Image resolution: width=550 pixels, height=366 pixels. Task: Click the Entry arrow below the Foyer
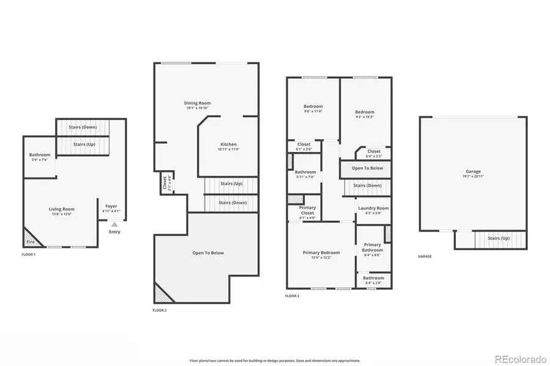(114, 224)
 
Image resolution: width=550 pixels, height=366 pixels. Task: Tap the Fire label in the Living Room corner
(29, 242)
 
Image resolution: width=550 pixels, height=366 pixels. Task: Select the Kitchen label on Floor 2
(228, 145)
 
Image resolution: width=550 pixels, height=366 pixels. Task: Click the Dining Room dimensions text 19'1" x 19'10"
(197, 108)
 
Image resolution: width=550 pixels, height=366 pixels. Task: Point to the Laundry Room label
(373, 208)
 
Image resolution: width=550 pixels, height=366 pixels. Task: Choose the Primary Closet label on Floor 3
(307, 210)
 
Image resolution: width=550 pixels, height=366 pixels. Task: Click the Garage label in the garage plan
(473, 171)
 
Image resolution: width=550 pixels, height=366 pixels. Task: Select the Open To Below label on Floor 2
(208, 253)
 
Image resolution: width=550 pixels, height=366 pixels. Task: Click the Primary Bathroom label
(372, 247)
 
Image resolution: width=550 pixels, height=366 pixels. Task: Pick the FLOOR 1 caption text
(29, 254)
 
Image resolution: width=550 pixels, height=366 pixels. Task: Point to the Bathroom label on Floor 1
(40, 155)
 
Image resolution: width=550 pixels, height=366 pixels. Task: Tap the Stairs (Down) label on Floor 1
(82, 127)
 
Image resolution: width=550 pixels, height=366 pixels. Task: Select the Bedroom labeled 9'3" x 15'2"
(365, 112)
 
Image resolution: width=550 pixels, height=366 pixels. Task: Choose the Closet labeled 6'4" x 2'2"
(373, 151)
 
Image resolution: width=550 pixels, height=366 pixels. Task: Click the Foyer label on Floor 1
(111, 206)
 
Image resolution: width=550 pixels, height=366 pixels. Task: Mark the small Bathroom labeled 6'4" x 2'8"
(373, 278)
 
